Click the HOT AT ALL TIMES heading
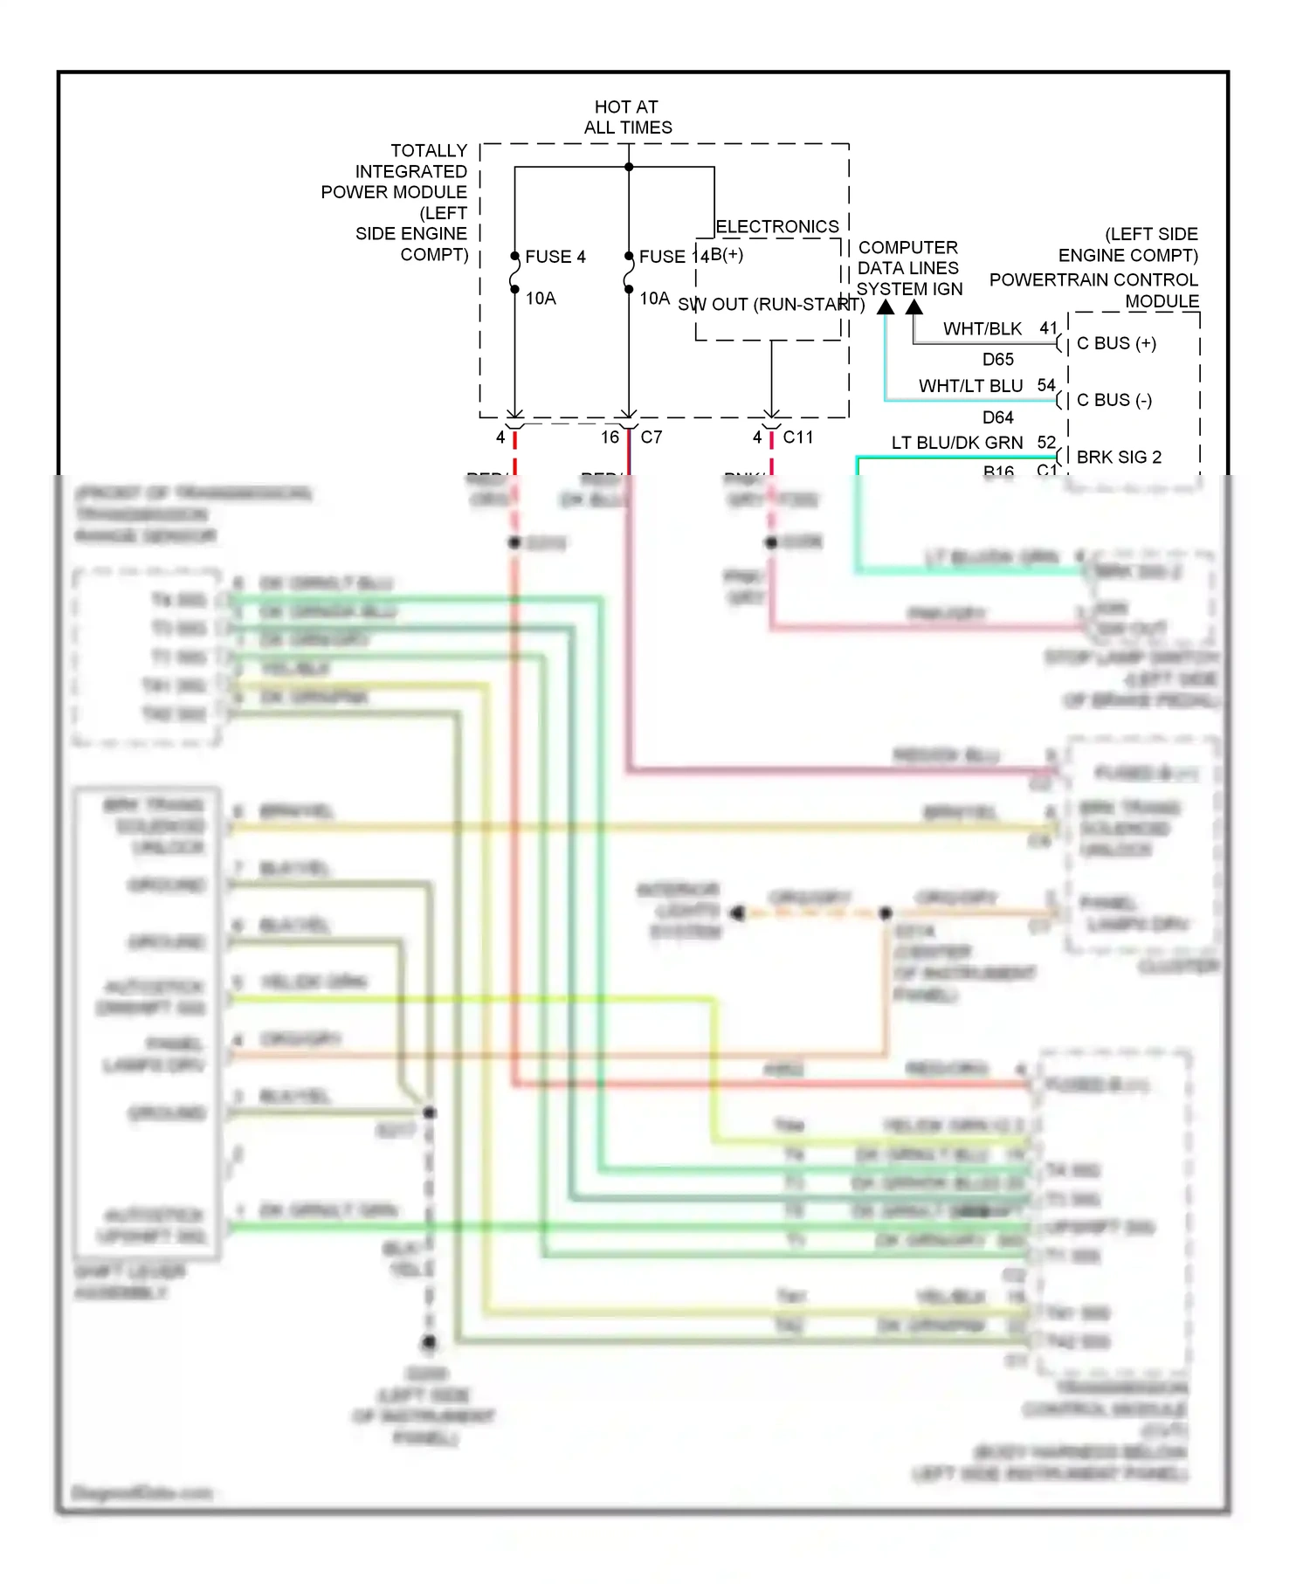coord(627,117)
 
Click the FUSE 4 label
coord(555,257)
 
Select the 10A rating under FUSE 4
coord(541,299)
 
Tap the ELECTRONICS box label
coord(776,227)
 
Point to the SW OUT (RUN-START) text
coord(770,305)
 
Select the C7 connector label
coord(652,437)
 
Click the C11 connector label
coord(797,437)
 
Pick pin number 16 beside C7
coord(610,437)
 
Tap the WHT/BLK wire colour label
coord(982,329)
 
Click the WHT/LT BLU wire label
coord(970,386)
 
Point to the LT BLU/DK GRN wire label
coord(956,443)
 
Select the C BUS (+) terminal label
coord(1116,343)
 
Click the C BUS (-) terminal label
coord(1113,400)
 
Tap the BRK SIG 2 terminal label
coord(1119,458)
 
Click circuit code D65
coord(997,360)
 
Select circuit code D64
coord(997,417)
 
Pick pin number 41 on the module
coord(1048,328)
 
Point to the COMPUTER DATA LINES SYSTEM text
coord(908,268)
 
